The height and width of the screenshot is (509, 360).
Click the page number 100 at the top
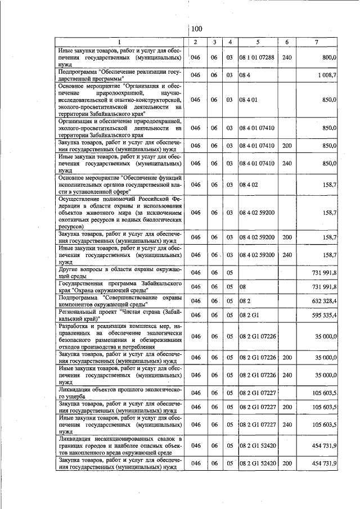click(x=196, y=29)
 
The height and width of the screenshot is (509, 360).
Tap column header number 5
click(x=258, y=42)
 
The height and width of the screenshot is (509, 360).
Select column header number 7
click(x=316, y=42)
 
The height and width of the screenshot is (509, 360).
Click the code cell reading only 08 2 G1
click(x=250, y=316)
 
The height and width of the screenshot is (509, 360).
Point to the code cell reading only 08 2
click(x=244, y=301)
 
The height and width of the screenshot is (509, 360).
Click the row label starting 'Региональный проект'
click(x=120, y=316)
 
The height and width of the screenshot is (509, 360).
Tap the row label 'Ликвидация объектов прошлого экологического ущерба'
click(x=120, y=392)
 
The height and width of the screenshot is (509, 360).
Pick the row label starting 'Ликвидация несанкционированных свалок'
click(x=120, y=445)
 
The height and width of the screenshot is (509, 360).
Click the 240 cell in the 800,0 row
click(x=287, y=57)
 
